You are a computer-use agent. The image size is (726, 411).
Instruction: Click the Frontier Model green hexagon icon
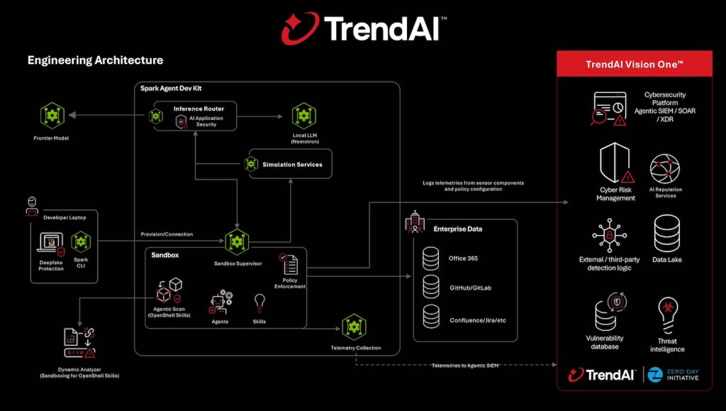pos(53,114)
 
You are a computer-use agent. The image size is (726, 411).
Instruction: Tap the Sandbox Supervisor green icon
pos(237,242)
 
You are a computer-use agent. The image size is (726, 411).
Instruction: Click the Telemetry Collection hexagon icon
pos(354,327)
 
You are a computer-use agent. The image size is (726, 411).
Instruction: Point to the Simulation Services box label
pos(292,165)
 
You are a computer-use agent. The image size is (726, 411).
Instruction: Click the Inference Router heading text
pos(199,109)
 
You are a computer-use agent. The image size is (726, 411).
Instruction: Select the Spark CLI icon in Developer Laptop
pos(81,242)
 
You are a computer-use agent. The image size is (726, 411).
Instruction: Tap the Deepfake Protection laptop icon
pos(50,243)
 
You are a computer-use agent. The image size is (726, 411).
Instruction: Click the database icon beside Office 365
pos(431,258)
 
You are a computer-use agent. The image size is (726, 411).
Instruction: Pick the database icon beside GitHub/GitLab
pos(431,288)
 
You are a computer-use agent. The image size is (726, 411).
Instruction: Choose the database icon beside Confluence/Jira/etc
pos(431,317)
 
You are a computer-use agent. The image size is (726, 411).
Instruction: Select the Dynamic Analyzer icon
pos(79,343)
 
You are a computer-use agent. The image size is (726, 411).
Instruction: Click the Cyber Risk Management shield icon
pos(615,164)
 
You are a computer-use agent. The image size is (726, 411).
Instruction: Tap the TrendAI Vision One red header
pos(635,64)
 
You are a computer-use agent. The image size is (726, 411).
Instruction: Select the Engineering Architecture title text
pos(95,60)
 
